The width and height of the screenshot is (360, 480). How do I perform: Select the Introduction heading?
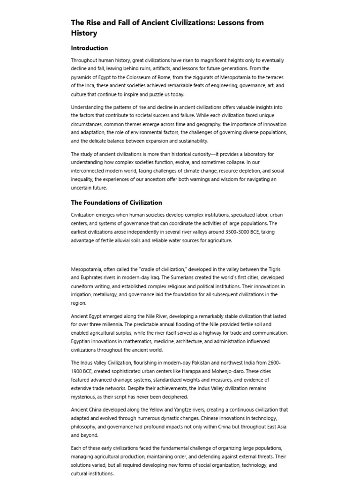click(x=90, y=48)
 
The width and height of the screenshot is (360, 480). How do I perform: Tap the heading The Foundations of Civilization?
click(x=116, y=202)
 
